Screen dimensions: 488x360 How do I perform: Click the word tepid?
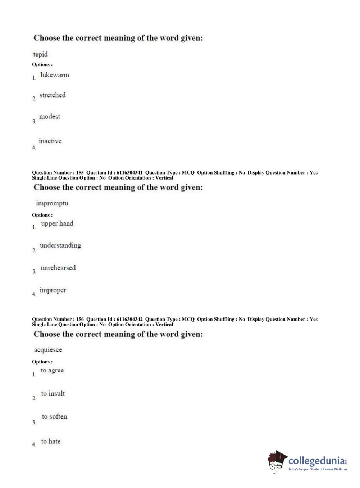(x=40, y=54)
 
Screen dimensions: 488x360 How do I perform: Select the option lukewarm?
(x=55, y=75)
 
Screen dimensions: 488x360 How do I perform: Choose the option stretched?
(x=53, y=95)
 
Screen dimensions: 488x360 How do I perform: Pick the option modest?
(x=50, y=116)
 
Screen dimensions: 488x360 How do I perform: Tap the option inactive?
(x=50, y=141)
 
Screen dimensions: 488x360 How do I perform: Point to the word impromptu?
(x=52, y=203)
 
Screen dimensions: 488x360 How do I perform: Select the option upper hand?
(x=57, y=223)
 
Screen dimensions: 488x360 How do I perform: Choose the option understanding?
(x=60, y=245)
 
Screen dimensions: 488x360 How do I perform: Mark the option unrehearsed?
(x=58, y=268)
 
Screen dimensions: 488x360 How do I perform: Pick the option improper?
(x=53, y=290)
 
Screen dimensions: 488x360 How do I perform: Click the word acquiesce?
(x=48, y=350)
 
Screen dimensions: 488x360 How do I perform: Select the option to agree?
(x=52, y=370)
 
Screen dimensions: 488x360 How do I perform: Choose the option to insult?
(x=53, y=393)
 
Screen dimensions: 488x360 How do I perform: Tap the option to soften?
(x=54, y=416)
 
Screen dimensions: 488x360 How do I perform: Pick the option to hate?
(x=51, y=441)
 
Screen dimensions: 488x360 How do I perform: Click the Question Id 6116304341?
(x=129, y=173)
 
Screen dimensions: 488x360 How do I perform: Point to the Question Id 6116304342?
(x=129, y=319)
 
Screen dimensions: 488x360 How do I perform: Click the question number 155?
(x=80, y=173)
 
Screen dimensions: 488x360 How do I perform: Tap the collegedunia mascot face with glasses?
(x=276, y=461)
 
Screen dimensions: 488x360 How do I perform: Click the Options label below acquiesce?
(x=42, y=362)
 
